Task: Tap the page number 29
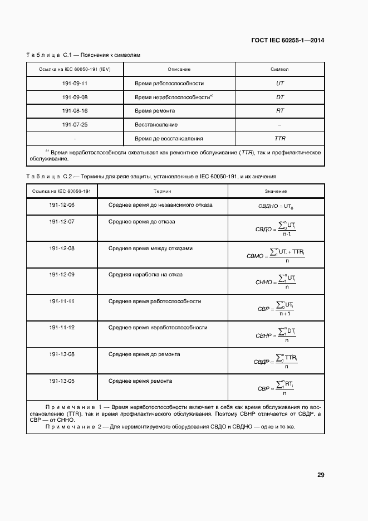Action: [321, 475]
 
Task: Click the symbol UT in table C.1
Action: [280, 83]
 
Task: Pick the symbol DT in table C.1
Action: [280, 97]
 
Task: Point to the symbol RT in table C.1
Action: [280, 111]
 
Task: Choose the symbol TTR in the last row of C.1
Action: [280, 138]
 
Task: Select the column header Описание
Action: [179, 69]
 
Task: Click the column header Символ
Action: [279, 69]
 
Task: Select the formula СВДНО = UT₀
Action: [276, 207]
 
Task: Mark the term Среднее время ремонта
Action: [140, 381]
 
